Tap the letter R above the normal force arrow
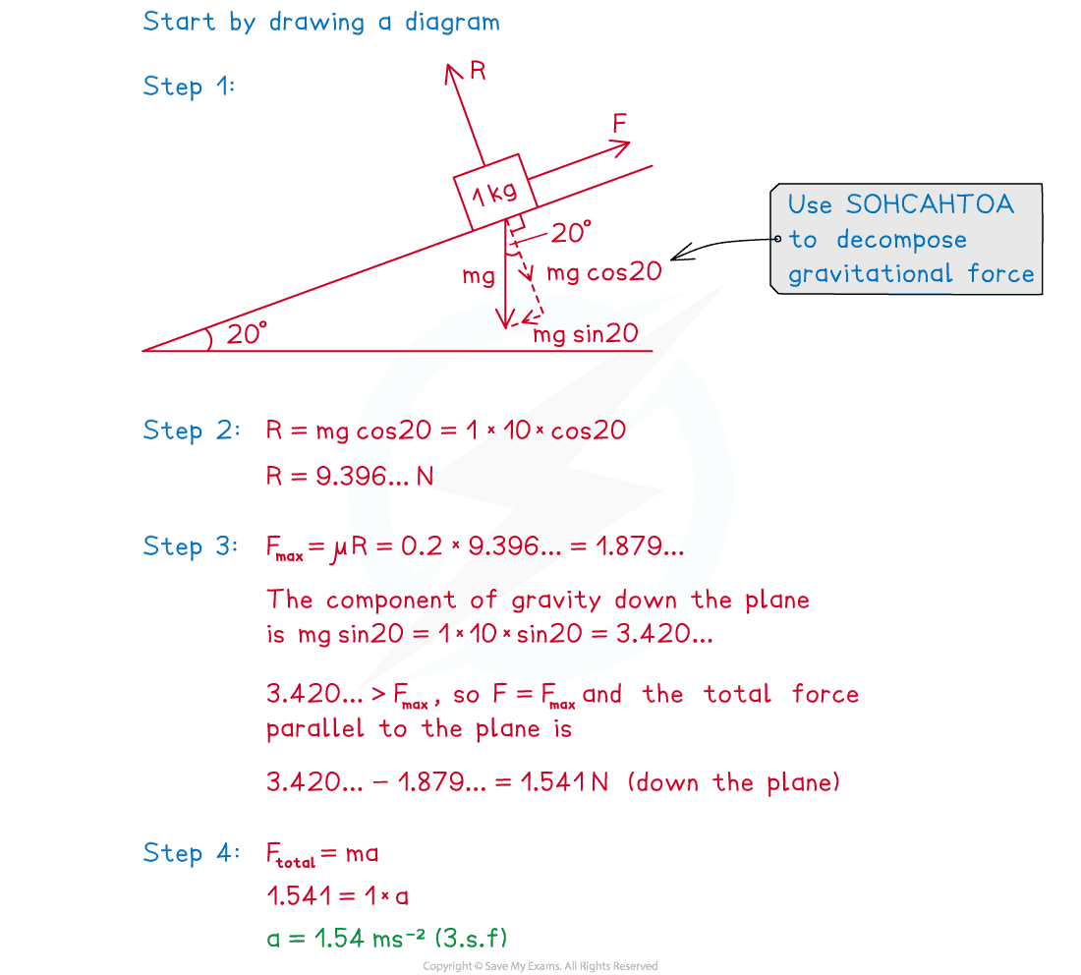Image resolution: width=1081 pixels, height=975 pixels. (479, 71)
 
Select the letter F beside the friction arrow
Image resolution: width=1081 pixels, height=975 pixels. (620, 123)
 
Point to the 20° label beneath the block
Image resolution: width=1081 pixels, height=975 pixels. (570, 233)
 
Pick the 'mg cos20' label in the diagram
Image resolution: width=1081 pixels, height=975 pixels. (604, 272)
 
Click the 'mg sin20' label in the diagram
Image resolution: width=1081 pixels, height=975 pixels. (586, 334)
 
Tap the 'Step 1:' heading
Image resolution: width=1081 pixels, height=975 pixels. (189, 86)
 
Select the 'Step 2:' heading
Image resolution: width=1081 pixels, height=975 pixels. (189, 430)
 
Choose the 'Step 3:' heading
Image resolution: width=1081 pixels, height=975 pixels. (189, 547)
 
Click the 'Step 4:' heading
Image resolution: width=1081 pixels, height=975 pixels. (189, 853)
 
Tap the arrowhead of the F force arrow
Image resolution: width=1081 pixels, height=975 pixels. (621, 147)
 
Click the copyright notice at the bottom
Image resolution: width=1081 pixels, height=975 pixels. (540, 966)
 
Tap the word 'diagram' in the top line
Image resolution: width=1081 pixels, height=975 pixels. (451, 21)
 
